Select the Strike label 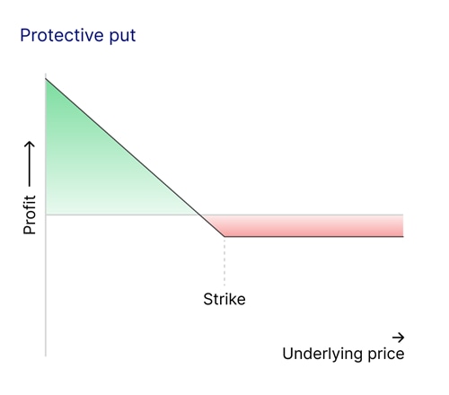224,299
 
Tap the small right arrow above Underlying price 398,337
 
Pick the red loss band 314,225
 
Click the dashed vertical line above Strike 224,260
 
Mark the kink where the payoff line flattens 224,236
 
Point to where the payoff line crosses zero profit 198,215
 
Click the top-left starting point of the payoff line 45,80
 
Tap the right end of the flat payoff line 402,236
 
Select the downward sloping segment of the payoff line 126,151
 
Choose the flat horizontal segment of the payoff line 314,236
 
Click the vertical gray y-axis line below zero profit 45,287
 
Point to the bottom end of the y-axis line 45,355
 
